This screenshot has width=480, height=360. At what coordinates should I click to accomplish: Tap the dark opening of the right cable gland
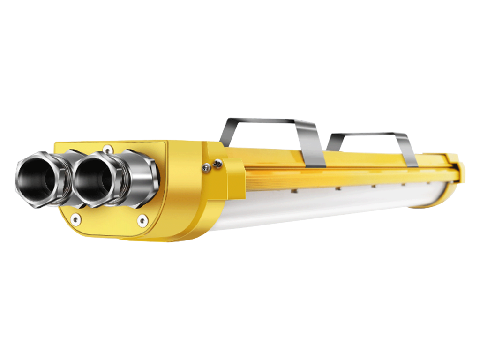[96, 177]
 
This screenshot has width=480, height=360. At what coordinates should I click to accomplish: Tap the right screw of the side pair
[217, 164]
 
